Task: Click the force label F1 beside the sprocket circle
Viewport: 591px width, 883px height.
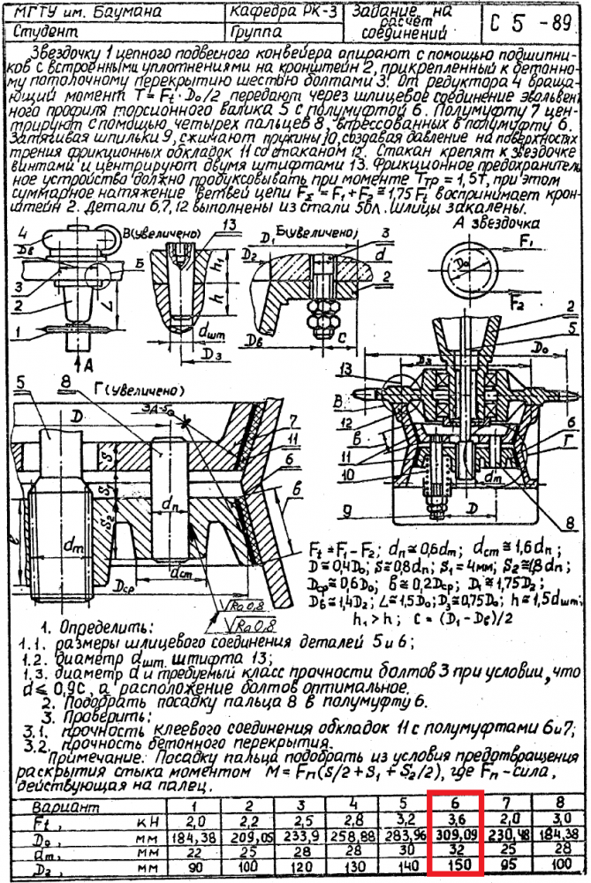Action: point(527,241)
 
